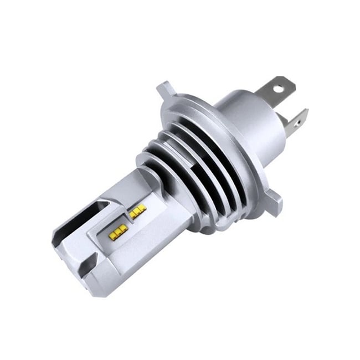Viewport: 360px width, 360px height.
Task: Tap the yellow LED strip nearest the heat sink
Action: (x=137, y=211)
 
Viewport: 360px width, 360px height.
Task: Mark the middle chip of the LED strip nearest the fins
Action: (x=137, y=211)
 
